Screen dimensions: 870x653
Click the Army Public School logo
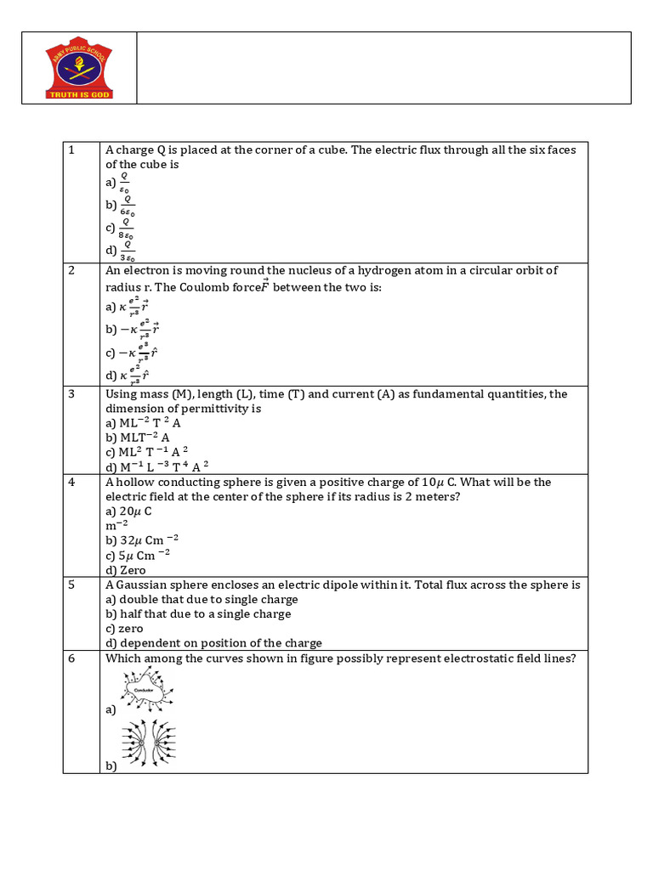coord(78,68)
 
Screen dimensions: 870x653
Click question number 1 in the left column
coord(72,150)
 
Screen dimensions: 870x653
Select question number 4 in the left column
coord(72,482)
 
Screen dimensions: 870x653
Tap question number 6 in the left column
coord(72,658)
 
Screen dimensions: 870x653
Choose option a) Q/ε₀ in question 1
coord(119,182)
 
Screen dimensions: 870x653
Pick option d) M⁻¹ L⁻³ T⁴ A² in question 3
coord(156,466)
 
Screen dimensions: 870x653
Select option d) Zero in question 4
coord(126,570)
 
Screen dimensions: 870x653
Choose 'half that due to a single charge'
coord(197,613)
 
